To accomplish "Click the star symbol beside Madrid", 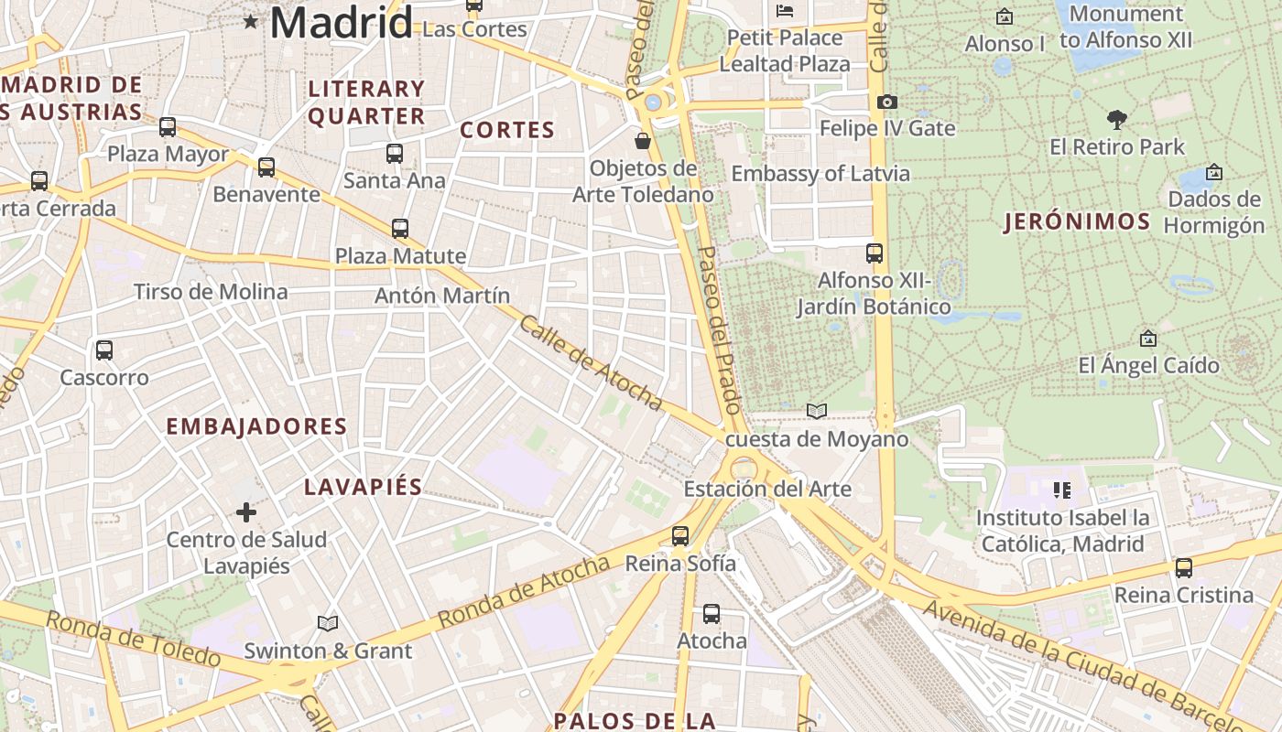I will [250, 21].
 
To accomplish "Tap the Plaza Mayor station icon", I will [168, 127].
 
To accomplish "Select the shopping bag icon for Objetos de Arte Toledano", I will [643, 141].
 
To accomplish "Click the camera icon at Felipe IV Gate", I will [886, 102].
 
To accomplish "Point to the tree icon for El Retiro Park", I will [1116, 119].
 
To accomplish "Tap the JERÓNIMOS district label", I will [1077, 221].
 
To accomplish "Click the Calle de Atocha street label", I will [591, 362].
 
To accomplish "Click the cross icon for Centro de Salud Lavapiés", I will [246, 512].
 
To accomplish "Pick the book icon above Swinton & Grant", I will [328, 623].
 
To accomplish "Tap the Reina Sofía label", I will [679, 564].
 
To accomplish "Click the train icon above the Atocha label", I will [712, 614].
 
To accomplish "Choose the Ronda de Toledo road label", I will [133, 639].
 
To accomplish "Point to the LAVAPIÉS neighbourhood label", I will [363, 487].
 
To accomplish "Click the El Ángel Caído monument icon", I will [1148, 339].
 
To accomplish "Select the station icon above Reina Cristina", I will [1184, 568].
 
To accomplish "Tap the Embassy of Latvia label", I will [820, 174].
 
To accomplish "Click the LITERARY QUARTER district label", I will [366, 102].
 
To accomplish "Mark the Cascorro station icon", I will [104, 350].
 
